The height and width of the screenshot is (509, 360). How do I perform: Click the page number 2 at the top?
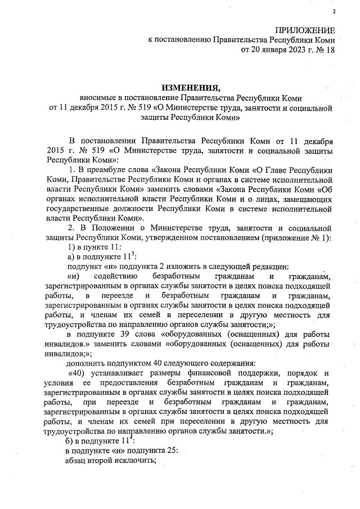pyautogui.click(x=334, y=12)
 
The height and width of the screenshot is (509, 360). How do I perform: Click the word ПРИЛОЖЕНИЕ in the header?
pyautogui.click(x=305, y=30)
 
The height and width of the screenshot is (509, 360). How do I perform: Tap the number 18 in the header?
pyautogui.click(x=329, y=50)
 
